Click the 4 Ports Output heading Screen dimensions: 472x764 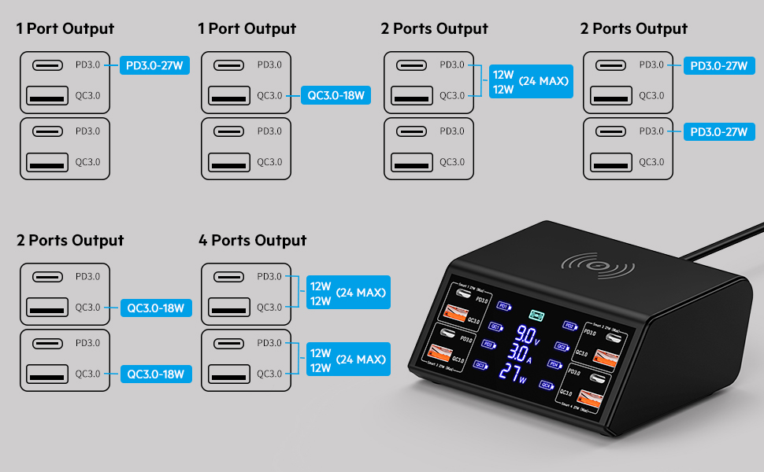[252, 240]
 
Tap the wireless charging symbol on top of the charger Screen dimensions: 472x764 [596, 267]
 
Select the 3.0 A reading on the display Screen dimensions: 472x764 [521, 353]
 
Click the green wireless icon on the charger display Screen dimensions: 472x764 [537, 315]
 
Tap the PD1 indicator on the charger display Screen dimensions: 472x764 [505, 306]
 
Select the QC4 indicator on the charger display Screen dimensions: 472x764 [546, 385]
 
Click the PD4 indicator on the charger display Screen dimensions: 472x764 [554, 364]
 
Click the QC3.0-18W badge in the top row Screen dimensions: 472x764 [336, 96]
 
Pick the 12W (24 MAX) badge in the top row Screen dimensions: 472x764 [530, 81]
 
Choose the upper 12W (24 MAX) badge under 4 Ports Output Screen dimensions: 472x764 [347, 293]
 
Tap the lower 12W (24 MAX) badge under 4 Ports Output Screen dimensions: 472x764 [347, 359]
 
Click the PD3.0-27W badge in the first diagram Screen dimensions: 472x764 [155, 65]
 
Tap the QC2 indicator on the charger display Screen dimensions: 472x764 [561, 345]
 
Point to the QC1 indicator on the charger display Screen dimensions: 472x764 [495, 326]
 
